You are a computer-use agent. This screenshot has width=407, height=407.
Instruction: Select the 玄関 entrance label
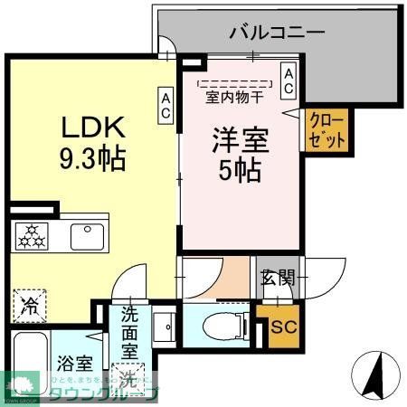tap(277, 278)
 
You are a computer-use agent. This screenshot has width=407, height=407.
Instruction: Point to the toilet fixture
tap(218, 324)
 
